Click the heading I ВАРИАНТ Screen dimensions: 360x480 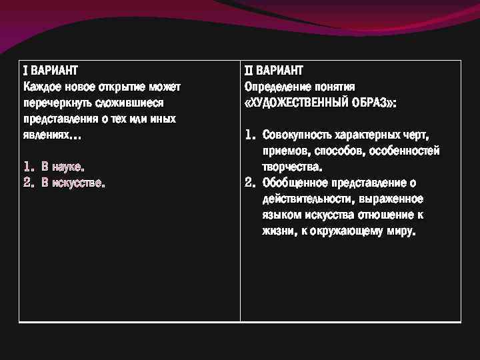[x=50, y=70]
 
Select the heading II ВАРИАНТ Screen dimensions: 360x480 [x=273, y=70]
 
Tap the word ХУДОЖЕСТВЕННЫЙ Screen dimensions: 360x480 [x=304, y=103]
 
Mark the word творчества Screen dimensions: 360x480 [x=291, y=167]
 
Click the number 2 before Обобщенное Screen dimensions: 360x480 [x=249, y=183]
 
